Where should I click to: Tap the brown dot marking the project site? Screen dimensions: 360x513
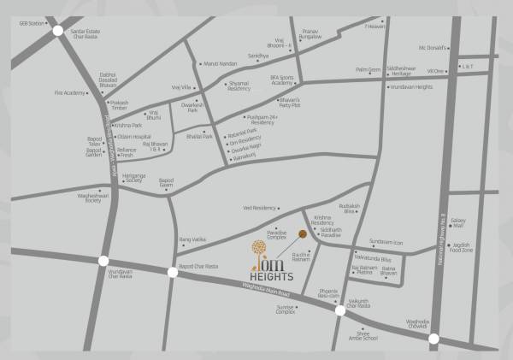pyautogui.click(x=302, y=233)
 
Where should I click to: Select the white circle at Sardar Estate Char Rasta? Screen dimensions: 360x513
pyautogui.click(x=57, y=31)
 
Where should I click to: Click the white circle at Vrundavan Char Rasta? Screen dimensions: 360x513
pyautogui.click(x=103, y=261)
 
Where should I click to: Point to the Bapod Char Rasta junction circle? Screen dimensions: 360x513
pyautogui.click(x=173, y=272)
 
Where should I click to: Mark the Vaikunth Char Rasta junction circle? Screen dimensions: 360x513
pyautogui.click(x=340, y=310)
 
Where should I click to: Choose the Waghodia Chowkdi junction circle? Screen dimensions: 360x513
pyautogui.click(x=434, y=338)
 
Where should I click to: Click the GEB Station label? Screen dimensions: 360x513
pyautogui.click(x=32, y=23)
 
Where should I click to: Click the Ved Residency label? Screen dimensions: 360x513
pyautogui.click(x=260, y=208)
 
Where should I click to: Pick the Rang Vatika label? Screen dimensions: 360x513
pyautogui.click(x=193, y=239)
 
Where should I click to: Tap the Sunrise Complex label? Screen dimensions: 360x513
pyautogui.click(x=285, y=309)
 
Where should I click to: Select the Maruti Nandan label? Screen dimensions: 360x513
pyautogui.click(x=220, y=63)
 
